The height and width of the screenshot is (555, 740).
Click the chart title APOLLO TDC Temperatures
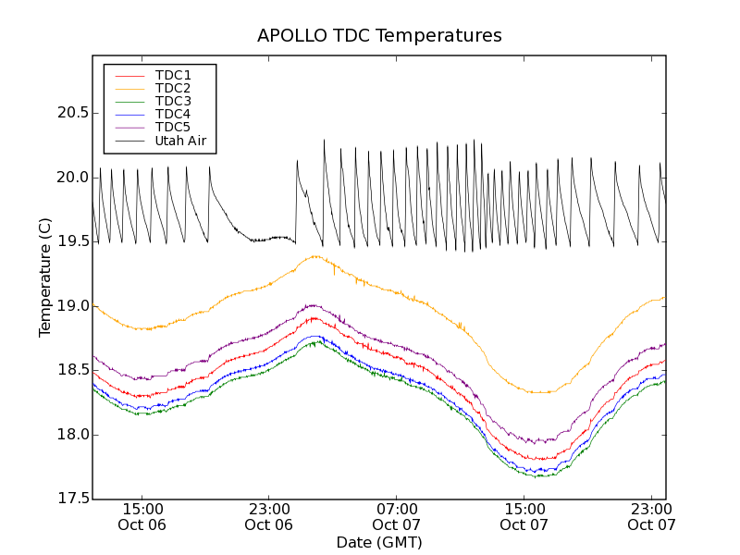coord(379,36)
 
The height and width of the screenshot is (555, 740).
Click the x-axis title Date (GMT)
coord(379,542)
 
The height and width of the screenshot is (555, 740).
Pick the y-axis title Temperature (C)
coord(45,277)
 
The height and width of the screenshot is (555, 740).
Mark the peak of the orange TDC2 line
coord(316,256)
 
